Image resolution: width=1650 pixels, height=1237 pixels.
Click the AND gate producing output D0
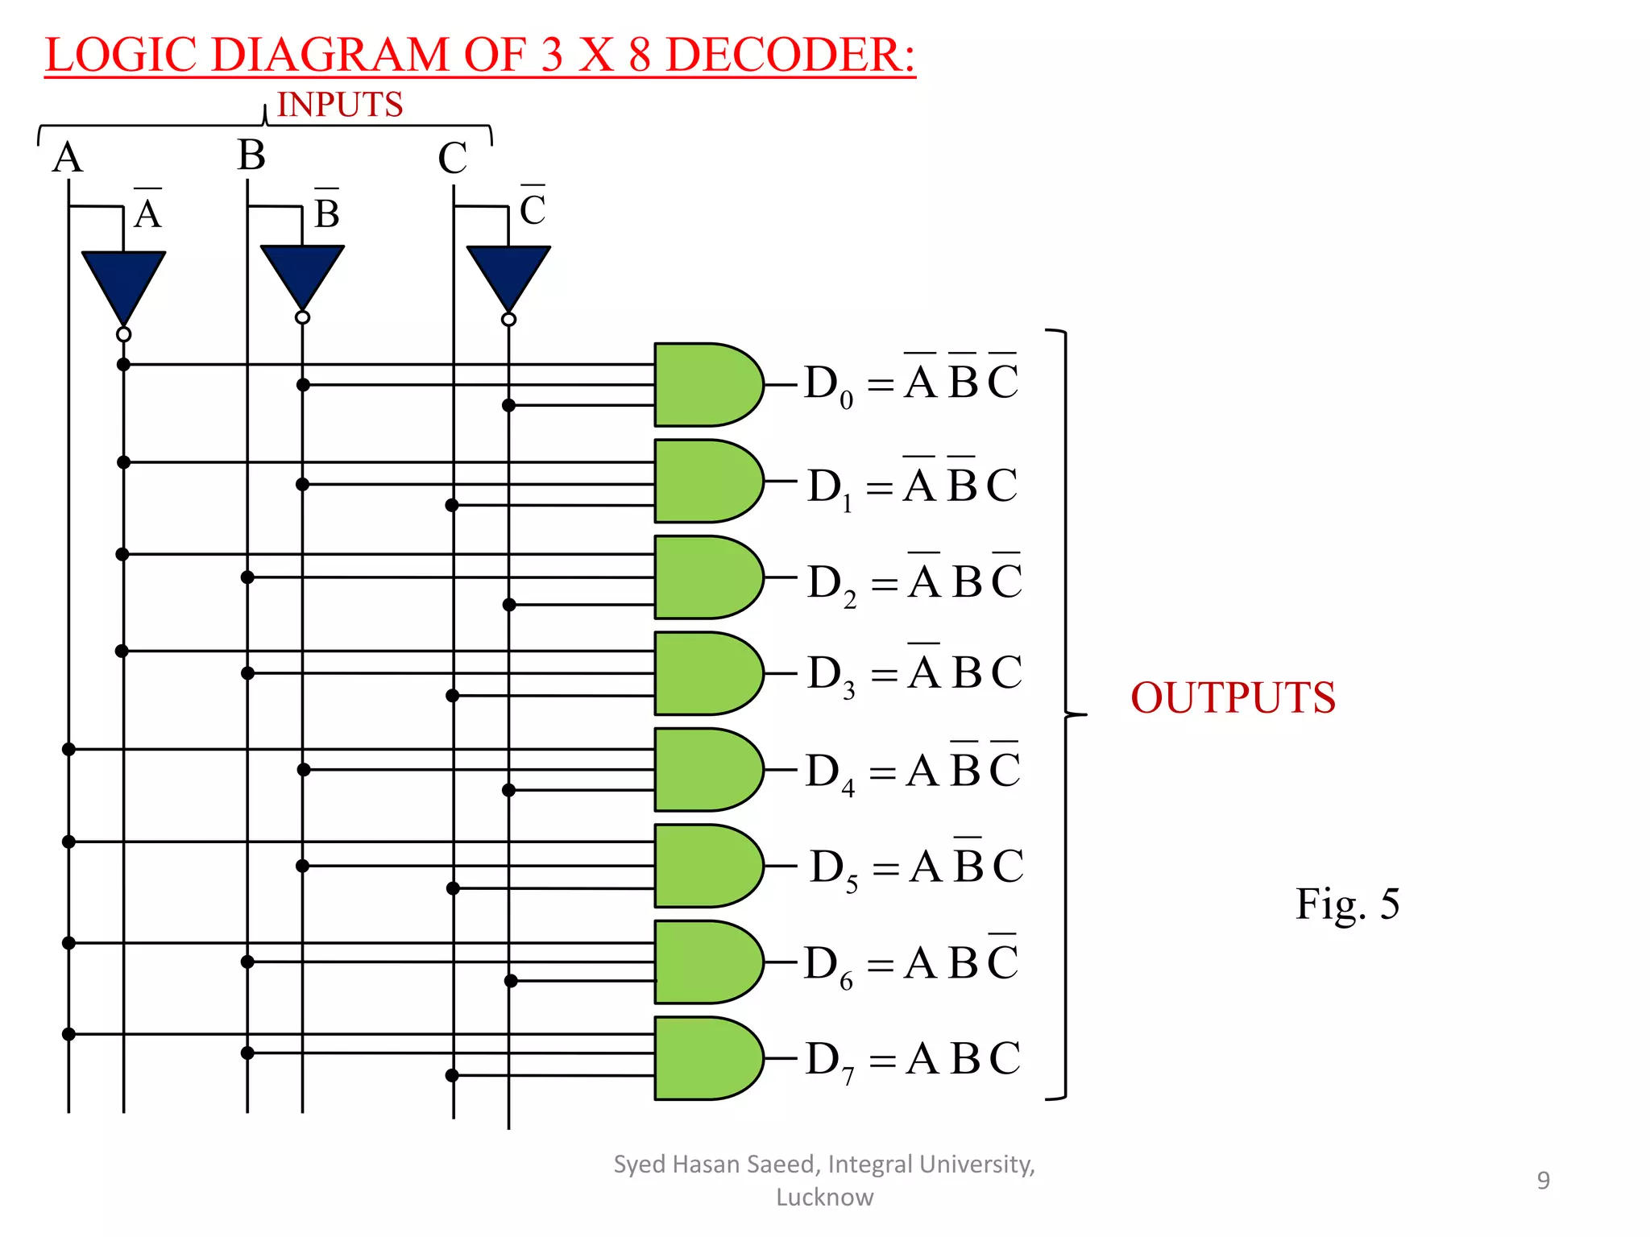[705, 384]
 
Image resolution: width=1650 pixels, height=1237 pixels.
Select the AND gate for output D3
[705, 673]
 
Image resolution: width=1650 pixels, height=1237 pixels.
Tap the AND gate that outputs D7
[705, 1058]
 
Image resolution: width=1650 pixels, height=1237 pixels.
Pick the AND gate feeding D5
[705, 866]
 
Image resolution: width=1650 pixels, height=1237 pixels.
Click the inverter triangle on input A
[123, 282]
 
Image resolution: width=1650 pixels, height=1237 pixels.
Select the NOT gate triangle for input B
[302, 274]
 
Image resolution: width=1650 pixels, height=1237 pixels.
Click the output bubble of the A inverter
[123, 333]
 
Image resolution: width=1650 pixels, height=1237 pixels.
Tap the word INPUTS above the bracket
[339, 105]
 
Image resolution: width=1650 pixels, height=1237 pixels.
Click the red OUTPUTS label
[1233, 697]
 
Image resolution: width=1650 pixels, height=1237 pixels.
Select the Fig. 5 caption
[1347, 904]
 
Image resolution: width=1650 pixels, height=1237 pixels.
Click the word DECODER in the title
[790, 55]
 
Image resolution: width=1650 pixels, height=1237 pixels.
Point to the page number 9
[1543, 1180]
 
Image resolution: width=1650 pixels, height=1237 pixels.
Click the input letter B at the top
[251, 155]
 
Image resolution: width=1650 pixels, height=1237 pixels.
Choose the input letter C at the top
[452, 158]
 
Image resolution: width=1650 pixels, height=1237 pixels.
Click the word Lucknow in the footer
[824, 1198]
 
